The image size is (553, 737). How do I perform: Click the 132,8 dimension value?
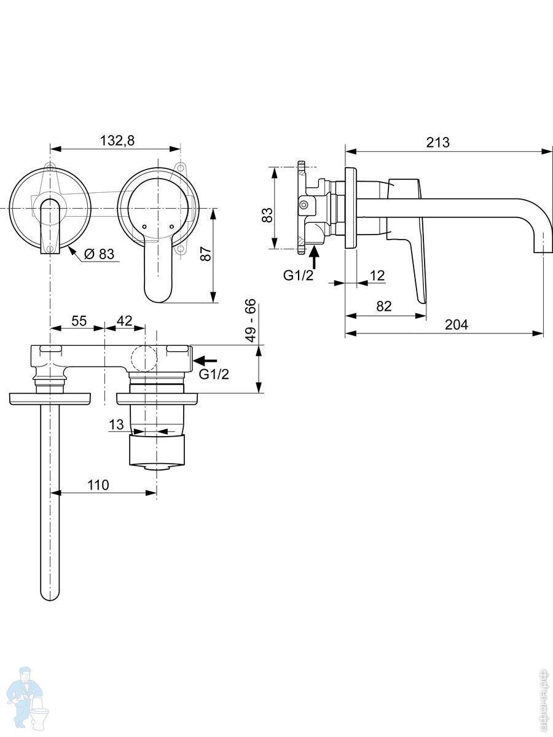point(117,141)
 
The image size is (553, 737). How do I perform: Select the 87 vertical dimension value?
point(206,254)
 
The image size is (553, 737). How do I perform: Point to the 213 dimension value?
point(438,142)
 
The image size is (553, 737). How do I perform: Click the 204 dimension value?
point(455,324)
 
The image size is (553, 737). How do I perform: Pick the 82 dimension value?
point(383,306)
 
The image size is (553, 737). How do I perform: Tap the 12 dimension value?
point(378,275)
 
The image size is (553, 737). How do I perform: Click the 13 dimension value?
point(117,424)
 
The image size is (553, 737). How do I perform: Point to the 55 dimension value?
point(79,321)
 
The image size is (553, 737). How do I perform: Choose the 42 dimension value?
point(125,321)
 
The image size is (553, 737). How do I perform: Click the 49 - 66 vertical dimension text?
point(250,322)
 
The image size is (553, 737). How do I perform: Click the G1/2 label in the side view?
point(299,275)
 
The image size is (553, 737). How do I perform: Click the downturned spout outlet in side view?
point(543,248)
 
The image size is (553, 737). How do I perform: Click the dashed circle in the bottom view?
point(144,358)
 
